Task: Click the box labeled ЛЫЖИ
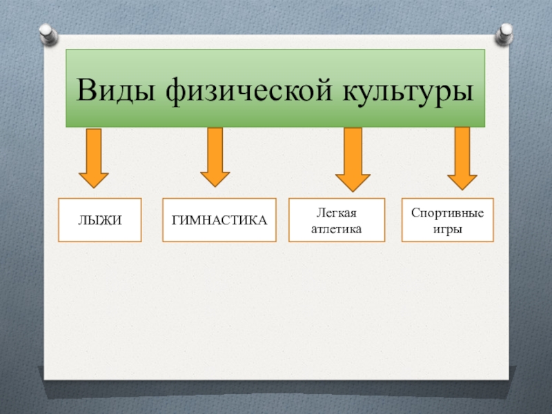[x=99, y=220]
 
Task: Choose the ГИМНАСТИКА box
[x=219, y=220]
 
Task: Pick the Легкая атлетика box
[x=336, y=220]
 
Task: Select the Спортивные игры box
[x=447, y=220]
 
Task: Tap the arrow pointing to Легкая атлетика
[x=353, y=159]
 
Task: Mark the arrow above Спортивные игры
[x=462, y=158]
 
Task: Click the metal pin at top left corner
[x=47, y=32]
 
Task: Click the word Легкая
[x=336, y=213]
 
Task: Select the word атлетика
[x=336, y=228]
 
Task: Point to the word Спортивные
[x=447, y=213]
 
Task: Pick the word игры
[x=447, y=228]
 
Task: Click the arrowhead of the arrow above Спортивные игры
[x=462, y=180]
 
